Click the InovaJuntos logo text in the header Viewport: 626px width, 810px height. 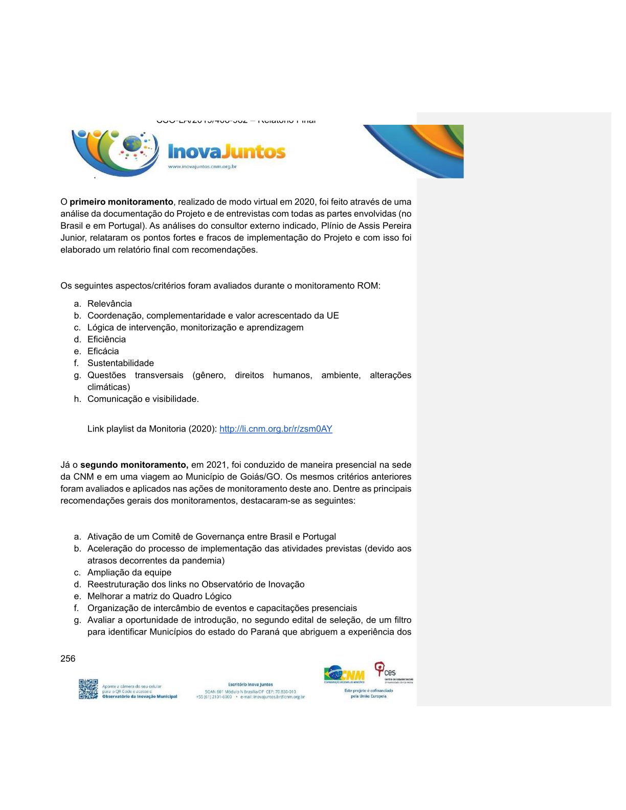click(227, 151)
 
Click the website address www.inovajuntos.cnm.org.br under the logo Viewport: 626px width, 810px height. click(202, 167)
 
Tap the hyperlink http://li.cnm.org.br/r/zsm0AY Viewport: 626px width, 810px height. click(276, 429)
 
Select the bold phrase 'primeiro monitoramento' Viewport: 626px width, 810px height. click(121, 202)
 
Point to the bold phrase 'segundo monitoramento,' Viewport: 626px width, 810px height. click(135, 465)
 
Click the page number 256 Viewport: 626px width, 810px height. click(68, 659)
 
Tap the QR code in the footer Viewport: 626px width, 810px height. click(88, 689)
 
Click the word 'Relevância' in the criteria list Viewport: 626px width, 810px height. click(109, 304)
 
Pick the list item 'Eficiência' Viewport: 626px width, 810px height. click(106, 340)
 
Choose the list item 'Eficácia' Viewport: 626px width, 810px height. click(103, 351)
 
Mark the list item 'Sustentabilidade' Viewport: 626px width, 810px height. click(121, 363)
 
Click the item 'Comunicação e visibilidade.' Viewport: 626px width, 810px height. click(143, 399)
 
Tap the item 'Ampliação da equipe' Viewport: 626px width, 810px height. click(129, 573)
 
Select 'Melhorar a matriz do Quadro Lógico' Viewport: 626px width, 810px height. click(159, 596)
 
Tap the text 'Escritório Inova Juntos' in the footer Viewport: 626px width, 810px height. click(250, 684)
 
